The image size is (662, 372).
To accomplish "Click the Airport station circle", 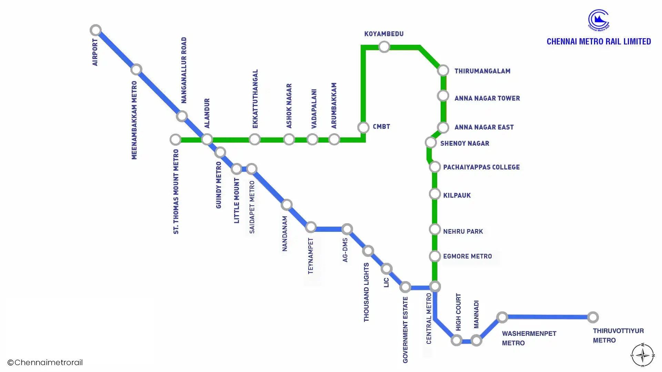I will click(96, 30).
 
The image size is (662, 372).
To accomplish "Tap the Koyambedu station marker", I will click(384, 46).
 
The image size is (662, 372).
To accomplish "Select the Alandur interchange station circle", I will click(207, 139).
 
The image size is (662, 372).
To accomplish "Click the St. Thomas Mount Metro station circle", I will click(175, 139).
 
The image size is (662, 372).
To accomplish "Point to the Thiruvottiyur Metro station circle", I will click(593, 317).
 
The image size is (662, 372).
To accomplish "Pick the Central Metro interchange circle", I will click(435, 286).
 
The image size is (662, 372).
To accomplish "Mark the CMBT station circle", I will click(363, 127).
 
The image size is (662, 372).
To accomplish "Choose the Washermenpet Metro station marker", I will click(502, 317).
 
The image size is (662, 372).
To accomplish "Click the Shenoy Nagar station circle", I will click(431, 142).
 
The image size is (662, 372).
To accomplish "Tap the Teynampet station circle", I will click(311, 227).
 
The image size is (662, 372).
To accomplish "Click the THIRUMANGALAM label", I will click(482, 71).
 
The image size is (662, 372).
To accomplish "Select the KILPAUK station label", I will click(457, 195).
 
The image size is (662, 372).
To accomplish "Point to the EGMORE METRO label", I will click(467, 256).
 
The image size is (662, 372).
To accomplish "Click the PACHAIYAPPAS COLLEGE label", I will click(481, 167).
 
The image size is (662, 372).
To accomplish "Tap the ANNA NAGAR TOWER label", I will click(487, 98).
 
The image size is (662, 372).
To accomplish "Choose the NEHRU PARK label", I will click(463, 231).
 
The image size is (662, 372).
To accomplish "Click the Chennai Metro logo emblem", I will click(599, 20).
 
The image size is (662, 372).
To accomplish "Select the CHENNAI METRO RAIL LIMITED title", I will click(599, 41).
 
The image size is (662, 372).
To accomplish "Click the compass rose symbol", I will click(642, 355).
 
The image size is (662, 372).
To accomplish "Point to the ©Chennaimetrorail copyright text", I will click(45, 362).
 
